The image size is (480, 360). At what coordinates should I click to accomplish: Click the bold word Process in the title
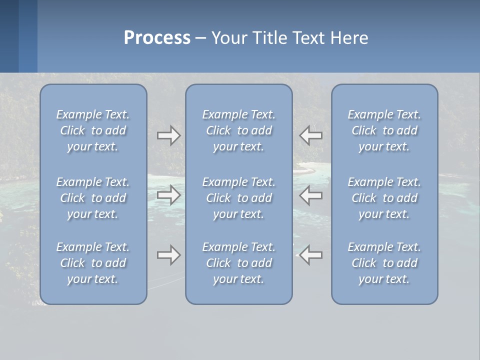[157, 38]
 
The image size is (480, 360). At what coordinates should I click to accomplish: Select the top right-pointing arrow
[168, 135]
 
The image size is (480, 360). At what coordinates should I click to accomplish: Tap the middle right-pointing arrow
[168, 195]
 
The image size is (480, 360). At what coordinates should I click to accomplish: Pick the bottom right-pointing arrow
[168, 255]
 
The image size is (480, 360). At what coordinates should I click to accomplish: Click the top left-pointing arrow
[311, 135]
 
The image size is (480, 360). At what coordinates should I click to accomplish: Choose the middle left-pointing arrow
[311, 195]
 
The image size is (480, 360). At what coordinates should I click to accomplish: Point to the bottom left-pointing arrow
[311, 255]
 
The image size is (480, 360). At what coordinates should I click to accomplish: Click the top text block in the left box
[93, 130]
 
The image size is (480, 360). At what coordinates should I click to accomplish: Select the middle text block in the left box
[93, 198]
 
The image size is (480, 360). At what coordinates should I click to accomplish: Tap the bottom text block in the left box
[93, 263]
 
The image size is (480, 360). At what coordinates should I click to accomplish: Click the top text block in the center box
[239, 130]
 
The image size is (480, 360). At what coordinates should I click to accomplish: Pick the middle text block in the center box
[239, 198]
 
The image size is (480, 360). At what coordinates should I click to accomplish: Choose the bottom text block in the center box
[239, 263]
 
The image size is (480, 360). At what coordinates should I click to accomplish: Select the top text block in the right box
[384, 130]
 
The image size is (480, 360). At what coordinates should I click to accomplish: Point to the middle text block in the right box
[384, 198]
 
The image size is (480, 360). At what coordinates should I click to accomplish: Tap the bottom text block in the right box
[384, 263]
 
